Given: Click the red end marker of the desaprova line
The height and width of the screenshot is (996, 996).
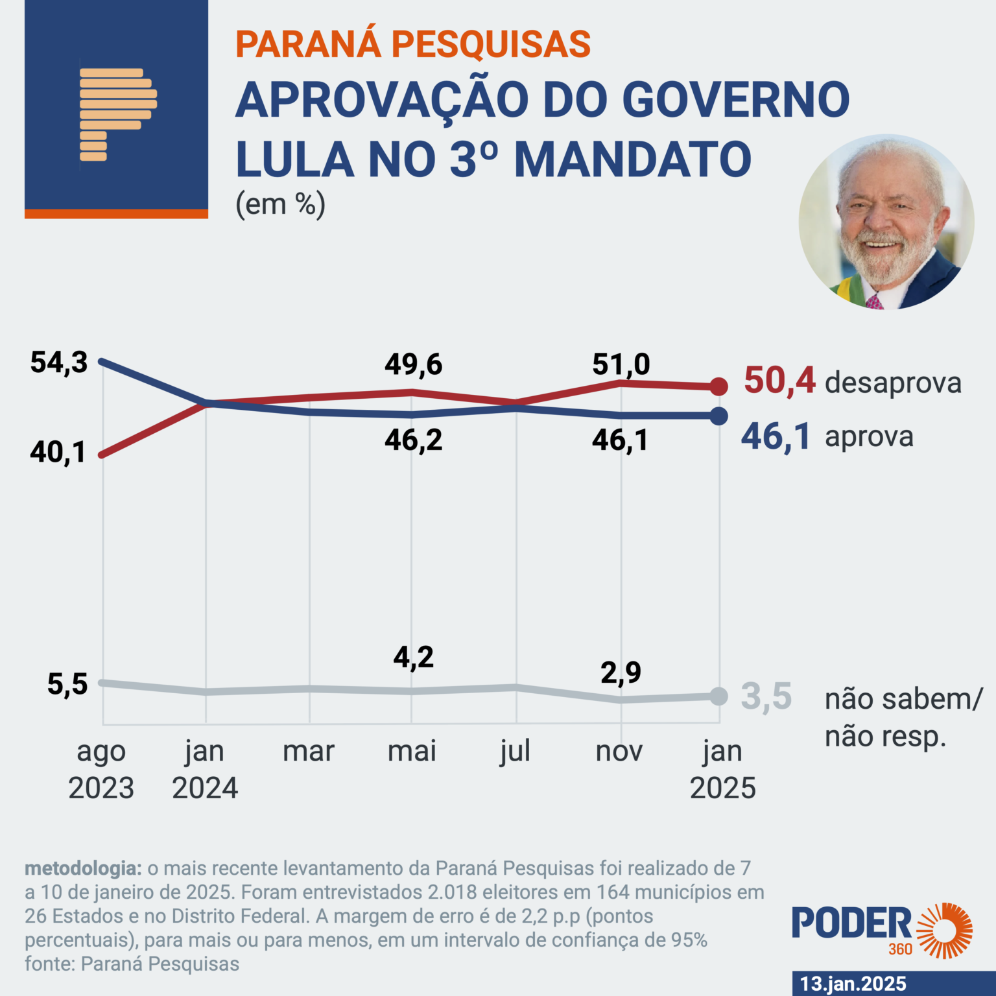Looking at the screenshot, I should point(718,386).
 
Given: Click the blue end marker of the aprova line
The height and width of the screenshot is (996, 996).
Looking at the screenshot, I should point(718,416).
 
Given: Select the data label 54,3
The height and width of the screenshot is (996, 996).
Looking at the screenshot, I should point(59,362).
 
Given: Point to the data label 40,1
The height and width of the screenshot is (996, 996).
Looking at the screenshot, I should point(58,453).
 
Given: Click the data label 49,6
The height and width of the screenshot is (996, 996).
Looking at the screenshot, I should point(413,364).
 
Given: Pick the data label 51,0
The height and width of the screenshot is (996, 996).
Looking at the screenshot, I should point(621,364).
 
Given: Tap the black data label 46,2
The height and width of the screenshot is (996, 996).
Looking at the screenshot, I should point(413,440).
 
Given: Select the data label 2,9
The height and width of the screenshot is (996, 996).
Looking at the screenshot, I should point(621,672).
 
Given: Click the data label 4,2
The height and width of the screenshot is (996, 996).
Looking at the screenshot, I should point(413,658).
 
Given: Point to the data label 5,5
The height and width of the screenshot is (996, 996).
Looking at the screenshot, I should point(67,684).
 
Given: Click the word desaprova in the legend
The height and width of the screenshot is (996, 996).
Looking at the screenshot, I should point(893,383).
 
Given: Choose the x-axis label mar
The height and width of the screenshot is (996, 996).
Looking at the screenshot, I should point(309,752).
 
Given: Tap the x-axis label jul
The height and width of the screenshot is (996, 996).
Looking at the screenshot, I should point(516,752).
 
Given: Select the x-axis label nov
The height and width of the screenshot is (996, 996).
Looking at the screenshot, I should point(619,752).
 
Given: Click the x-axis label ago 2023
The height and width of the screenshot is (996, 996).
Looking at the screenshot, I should point(101,770).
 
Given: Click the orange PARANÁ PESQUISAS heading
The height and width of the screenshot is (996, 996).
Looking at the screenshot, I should point(413,44).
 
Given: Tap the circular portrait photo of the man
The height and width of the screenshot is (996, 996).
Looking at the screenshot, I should point(886,222).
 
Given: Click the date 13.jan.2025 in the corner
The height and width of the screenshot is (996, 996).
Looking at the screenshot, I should point(853,983).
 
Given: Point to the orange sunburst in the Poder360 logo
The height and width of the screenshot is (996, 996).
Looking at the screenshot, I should point(944,930).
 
